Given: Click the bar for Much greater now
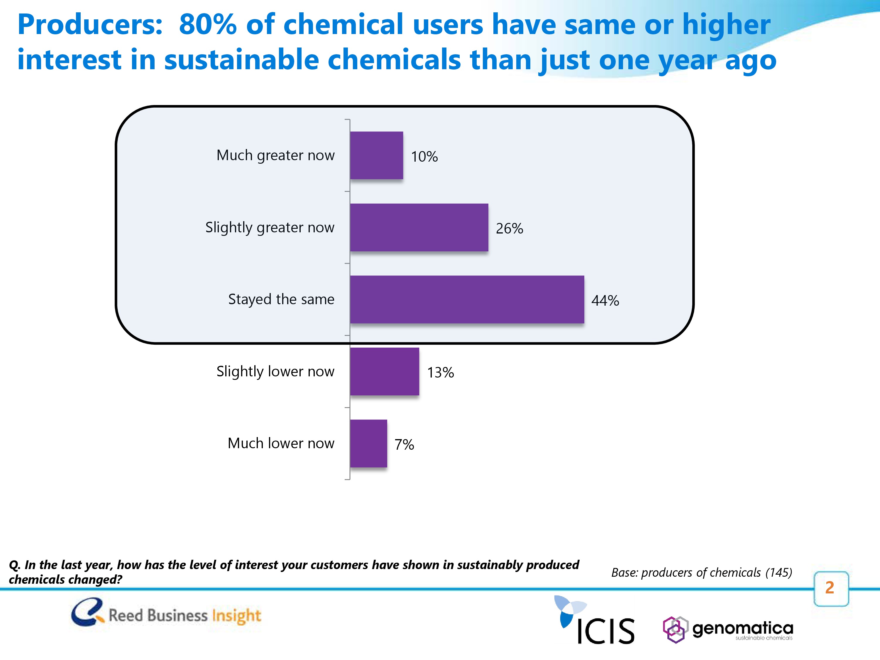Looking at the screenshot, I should point(376,155).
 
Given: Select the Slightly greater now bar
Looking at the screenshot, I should point(419,228).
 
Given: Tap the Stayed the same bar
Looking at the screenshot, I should point(467,299).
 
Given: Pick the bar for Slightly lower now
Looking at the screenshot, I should point(384,372).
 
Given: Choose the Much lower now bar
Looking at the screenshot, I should point(368,444).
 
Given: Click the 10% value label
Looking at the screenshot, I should point(424,156).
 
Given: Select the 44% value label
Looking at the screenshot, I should point(605,300).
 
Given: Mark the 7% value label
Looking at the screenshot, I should point(404,444).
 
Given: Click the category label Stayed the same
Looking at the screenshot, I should point(281,299).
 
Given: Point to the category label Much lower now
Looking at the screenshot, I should point(281,443).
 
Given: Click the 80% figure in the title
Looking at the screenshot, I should point(208,24).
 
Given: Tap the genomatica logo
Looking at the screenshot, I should point(728,629).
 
